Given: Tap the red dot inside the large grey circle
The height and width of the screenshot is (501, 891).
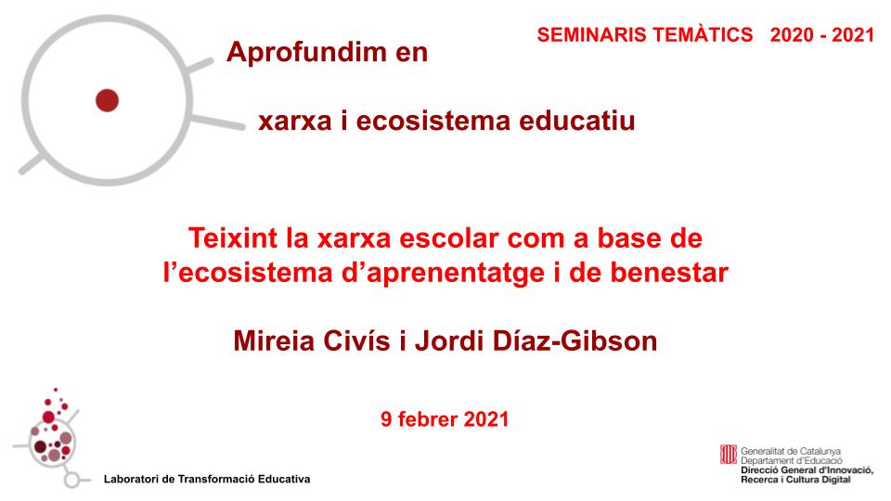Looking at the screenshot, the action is click(107, 100).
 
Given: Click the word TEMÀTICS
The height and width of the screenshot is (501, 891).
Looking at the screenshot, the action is click(703, 34).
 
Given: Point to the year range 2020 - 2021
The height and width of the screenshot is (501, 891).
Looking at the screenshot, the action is click(821, 34).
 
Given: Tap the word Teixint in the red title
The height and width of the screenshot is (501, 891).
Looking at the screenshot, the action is click(233, 238).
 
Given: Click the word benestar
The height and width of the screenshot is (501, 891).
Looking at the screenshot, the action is click(669, 273).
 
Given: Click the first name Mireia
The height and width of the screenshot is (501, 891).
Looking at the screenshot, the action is click(273, 340).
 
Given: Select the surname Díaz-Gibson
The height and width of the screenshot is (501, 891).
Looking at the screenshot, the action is click(575, 340).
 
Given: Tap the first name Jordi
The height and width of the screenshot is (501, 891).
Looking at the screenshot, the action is click(449, 340).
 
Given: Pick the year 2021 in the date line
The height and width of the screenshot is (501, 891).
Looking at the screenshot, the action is click(486, 419).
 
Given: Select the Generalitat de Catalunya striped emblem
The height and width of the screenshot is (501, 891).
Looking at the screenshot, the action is click(728, 455).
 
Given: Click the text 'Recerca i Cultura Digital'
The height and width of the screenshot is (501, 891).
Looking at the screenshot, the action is click(795, 480).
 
